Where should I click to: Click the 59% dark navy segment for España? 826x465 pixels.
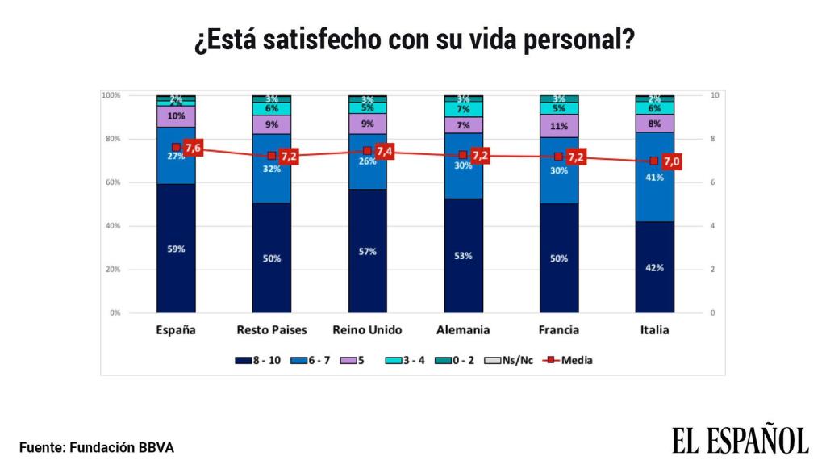(176, 249)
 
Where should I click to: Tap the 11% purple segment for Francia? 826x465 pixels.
(559, 126)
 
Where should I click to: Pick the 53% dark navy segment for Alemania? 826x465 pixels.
(463, 255)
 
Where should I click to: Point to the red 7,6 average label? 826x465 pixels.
(194, 148)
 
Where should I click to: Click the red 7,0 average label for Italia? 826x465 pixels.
(672, 161)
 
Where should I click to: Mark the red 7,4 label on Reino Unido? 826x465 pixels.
(385, 151)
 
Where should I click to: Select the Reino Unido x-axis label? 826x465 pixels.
(367, 330)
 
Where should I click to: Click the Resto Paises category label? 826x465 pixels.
(271, 330)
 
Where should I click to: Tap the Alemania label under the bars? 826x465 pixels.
(463, 330)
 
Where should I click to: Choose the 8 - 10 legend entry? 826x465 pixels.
(258, 360)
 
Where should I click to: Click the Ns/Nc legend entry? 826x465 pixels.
(511, 360)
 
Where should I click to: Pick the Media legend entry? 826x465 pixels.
(569, 360)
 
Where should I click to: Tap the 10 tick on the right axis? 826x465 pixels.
(714, 95)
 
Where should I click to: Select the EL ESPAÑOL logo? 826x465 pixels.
(740, 441)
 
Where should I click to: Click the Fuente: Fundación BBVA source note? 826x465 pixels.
(97, 447)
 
